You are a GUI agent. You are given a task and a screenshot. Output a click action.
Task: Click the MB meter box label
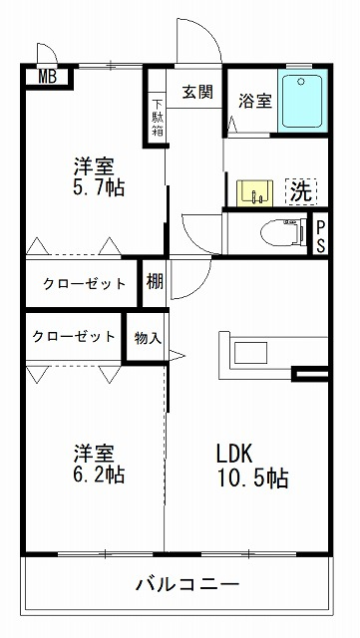pos(48,77)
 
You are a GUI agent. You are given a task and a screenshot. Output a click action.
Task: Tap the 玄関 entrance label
pos(197,92)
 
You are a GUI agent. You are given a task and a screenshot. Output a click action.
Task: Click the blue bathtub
pos(302,101)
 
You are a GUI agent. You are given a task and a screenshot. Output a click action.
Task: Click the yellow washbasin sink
pos(255,193)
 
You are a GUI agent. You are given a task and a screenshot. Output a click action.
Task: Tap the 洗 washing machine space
pos(302,191)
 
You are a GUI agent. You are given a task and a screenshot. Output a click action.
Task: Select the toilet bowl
pos(283,233)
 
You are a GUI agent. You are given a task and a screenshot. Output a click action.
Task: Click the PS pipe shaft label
pos(321,235)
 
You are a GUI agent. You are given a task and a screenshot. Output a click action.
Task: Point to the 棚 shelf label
pos(155,281)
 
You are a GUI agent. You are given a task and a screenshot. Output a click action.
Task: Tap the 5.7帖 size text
pos(99,187)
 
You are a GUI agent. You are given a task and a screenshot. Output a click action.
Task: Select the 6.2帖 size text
pos(99,474)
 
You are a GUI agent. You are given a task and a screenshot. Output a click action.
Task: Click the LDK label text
pos(235,454)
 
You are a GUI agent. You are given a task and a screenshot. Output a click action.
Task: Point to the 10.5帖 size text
pos(252,478)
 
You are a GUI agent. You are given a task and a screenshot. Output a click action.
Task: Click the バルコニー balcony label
pos(186,585)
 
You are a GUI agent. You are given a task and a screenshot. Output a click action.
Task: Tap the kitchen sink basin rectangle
pos(250,352)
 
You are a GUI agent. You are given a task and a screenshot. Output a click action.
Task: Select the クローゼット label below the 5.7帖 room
pos(85,283)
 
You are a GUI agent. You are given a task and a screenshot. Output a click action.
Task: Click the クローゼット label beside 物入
pos(74,337)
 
